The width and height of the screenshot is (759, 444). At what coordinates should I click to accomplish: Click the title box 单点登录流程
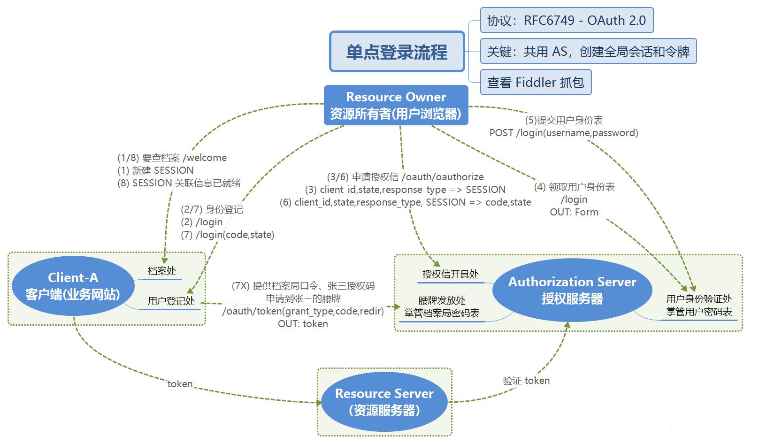(397, 52)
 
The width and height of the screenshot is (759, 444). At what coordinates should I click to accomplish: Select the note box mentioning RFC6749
(567, 20)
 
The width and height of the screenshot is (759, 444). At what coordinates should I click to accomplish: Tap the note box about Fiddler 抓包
(536, 82)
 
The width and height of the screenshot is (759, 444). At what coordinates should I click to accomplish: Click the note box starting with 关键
(588, 51)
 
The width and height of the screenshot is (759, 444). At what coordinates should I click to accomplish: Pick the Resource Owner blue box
(396, 105)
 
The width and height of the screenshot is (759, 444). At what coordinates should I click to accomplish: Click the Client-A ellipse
(73, 286)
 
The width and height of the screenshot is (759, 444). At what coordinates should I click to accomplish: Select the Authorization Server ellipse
(572, 290)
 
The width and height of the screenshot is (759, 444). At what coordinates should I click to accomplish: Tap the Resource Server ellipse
(384, 402)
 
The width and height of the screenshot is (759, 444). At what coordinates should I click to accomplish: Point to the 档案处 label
(162, 271)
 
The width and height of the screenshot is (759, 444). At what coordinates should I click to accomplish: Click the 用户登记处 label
(171, 301)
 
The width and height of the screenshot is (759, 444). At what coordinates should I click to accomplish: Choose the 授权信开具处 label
(450, 274)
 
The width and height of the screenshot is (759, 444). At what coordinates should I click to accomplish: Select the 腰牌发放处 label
(442, 300)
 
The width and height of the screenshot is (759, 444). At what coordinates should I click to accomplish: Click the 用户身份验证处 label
(699, 299)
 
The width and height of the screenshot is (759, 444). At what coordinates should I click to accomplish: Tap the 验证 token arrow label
(526, 381)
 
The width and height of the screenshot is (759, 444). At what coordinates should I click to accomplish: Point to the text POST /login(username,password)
(564, 132)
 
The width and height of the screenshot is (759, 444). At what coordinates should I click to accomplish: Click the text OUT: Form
(574, 212)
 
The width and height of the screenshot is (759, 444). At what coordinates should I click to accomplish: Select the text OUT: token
(303, 324)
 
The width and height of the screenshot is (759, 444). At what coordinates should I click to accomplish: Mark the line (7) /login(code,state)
(227, 235)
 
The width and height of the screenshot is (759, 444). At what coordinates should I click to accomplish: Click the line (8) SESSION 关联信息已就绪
(179, 183)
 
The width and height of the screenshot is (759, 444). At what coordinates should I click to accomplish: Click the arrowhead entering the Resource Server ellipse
(319, 403)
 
